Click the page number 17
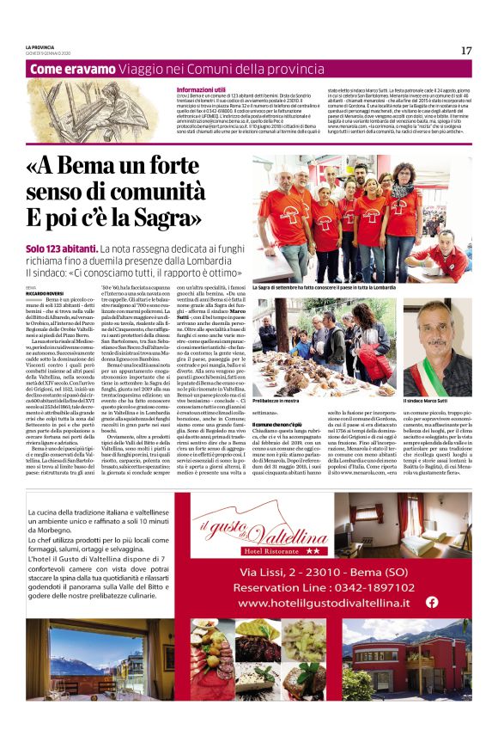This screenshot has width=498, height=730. (x=466, y=51)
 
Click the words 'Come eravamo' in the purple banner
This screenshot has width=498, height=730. (x=67, y=70)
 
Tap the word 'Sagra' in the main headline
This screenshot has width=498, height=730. (x=190, y=215)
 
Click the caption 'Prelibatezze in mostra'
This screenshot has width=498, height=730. (x=282, y=401)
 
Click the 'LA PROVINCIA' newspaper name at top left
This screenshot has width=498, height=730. (x=39, y=46)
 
